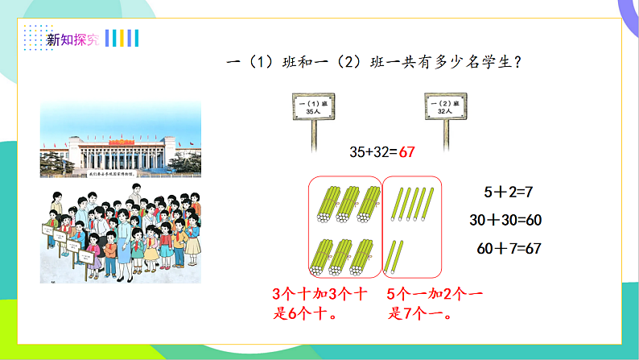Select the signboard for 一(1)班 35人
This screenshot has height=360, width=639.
click(x=311, y=109)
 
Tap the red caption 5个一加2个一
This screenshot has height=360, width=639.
click(x=435, y=295)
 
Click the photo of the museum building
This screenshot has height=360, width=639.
click(x=120, y=139)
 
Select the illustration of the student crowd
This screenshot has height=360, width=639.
click(x=120, y=234)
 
